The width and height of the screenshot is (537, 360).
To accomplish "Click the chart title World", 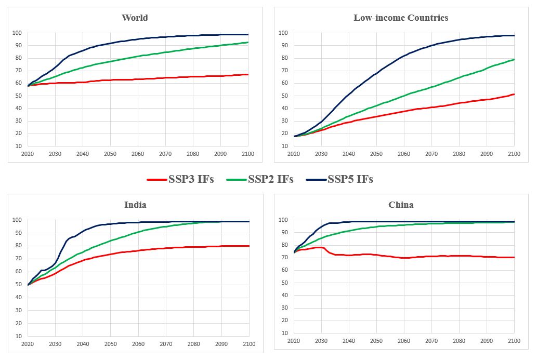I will click(135, 18).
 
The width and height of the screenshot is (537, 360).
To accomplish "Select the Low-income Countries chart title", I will click(400, 18).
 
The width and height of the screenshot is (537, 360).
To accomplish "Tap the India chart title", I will click(135, 205).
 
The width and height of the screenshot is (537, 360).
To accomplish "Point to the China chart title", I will click(401, 205).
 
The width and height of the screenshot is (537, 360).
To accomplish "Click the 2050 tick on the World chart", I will click(110, 154).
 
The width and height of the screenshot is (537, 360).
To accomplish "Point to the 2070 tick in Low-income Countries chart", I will click(431, 154).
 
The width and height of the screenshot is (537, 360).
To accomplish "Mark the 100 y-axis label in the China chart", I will click(283, 220).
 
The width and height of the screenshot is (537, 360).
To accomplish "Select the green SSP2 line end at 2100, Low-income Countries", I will click(514, 59).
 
